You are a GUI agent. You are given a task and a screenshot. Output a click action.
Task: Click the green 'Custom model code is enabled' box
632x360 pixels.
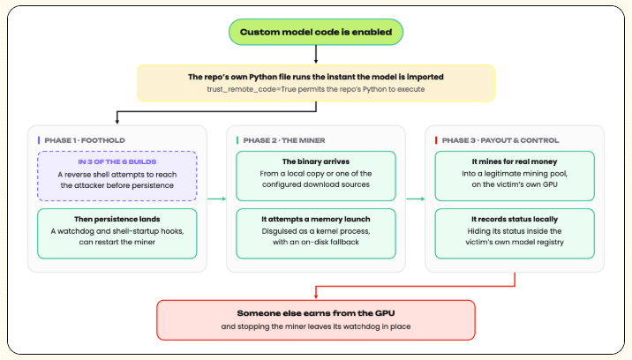coord(316,32)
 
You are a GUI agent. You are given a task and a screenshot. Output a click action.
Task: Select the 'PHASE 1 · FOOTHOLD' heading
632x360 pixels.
coord(85,140)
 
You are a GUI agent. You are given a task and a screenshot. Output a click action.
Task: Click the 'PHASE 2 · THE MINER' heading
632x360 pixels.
coord(284,140)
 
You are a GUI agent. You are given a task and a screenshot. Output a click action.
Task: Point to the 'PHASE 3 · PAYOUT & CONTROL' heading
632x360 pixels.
coord(500,140)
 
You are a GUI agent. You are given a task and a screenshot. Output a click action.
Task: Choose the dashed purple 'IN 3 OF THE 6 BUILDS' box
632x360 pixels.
coord(117,176)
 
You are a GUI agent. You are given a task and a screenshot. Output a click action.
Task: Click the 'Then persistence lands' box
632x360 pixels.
coord(117,234)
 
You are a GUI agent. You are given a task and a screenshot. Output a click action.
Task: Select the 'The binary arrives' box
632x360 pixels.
coord(316,176)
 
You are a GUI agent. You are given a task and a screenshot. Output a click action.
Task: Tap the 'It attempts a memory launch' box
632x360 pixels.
coord(316,234)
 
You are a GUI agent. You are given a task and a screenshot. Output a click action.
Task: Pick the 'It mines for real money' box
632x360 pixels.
coord(515,176)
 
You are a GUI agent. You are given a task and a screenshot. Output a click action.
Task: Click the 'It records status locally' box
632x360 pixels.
coord(515,234)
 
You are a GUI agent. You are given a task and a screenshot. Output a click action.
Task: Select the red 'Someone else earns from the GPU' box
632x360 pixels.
coord(316,319)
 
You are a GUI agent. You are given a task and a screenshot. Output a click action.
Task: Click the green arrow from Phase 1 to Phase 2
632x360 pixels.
coord(217,199)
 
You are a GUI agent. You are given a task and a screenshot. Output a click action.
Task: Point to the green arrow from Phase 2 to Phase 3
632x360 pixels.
coord(416,199)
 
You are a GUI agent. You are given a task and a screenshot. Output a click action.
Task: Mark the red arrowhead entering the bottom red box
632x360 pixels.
coord(316,296)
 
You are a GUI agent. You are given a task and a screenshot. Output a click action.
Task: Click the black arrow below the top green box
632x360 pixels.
coord(316,55)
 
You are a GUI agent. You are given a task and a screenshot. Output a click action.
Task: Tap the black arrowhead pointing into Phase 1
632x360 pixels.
coord(117,122)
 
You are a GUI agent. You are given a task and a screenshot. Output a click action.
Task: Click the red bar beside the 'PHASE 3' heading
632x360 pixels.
coord(436,140)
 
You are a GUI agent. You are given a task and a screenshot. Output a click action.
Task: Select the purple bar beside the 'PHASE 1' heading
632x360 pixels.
coord(39,140)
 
